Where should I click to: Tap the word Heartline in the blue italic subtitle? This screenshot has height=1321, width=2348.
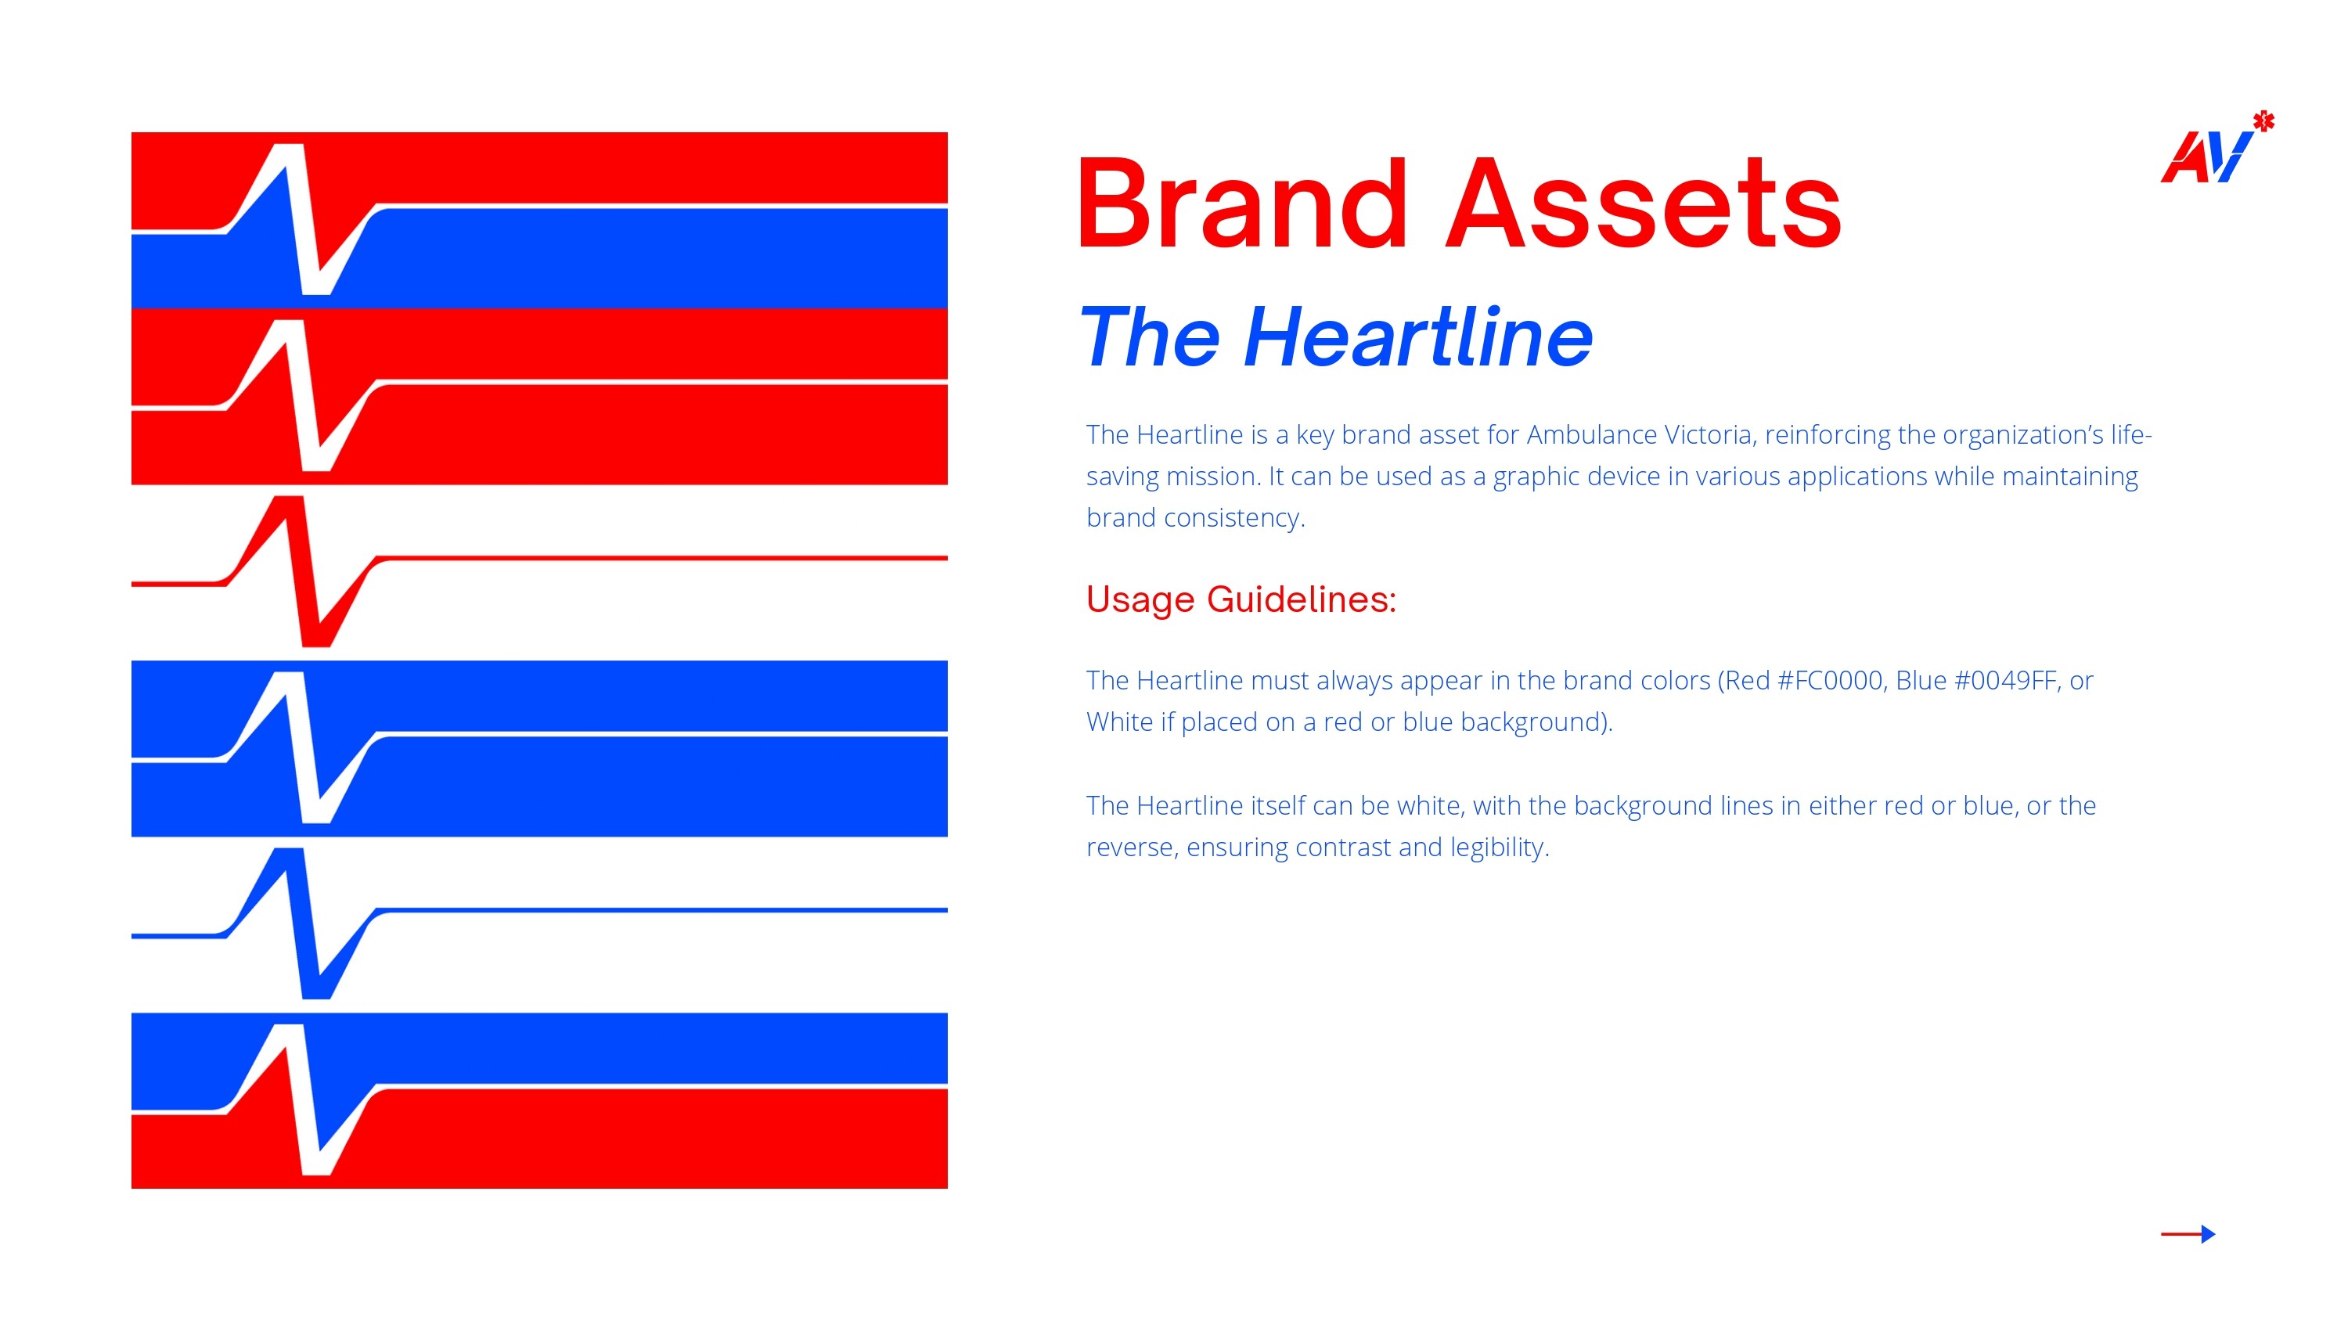click(x=1417, y=337)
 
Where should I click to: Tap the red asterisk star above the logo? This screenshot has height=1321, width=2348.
click(x=2263, y=121)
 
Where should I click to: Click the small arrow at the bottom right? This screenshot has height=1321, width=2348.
click(x=2188, y=1233)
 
